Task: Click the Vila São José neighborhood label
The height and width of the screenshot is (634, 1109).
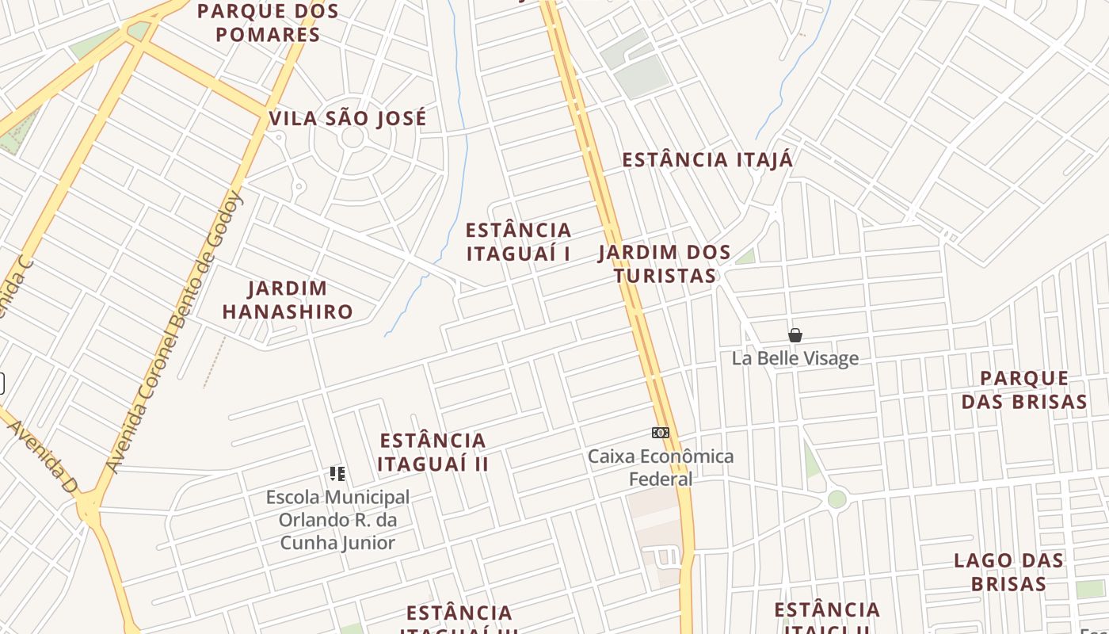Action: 348,119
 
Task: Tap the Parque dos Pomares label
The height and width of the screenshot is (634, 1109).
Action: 268,23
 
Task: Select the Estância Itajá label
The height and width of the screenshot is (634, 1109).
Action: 707,160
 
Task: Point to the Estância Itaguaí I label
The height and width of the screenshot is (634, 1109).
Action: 518,242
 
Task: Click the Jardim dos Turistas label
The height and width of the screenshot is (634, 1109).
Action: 665,264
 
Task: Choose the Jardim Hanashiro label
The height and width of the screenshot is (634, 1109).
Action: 287,300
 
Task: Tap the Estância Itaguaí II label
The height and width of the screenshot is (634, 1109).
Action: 433,452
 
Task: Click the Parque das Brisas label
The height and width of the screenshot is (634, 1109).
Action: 1024,390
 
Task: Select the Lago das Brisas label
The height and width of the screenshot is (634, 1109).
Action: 1008,572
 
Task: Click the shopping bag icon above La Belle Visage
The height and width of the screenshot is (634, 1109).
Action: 795,335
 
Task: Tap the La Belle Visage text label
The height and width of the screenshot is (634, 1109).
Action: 795,358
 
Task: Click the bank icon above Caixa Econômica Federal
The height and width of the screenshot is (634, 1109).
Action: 661,433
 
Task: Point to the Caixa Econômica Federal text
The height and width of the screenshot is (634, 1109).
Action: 661,468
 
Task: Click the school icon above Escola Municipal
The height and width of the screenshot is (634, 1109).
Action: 337,474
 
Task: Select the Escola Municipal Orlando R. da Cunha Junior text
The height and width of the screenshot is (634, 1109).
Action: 337,520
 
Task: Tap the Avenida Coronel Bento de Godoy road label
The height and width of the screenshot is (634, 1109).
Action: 176,333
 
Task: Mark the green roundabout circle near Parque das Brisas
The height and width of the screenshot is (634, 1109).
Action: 837,499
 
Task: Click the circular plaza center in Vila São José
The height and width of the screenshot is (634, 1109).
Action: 353,137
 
